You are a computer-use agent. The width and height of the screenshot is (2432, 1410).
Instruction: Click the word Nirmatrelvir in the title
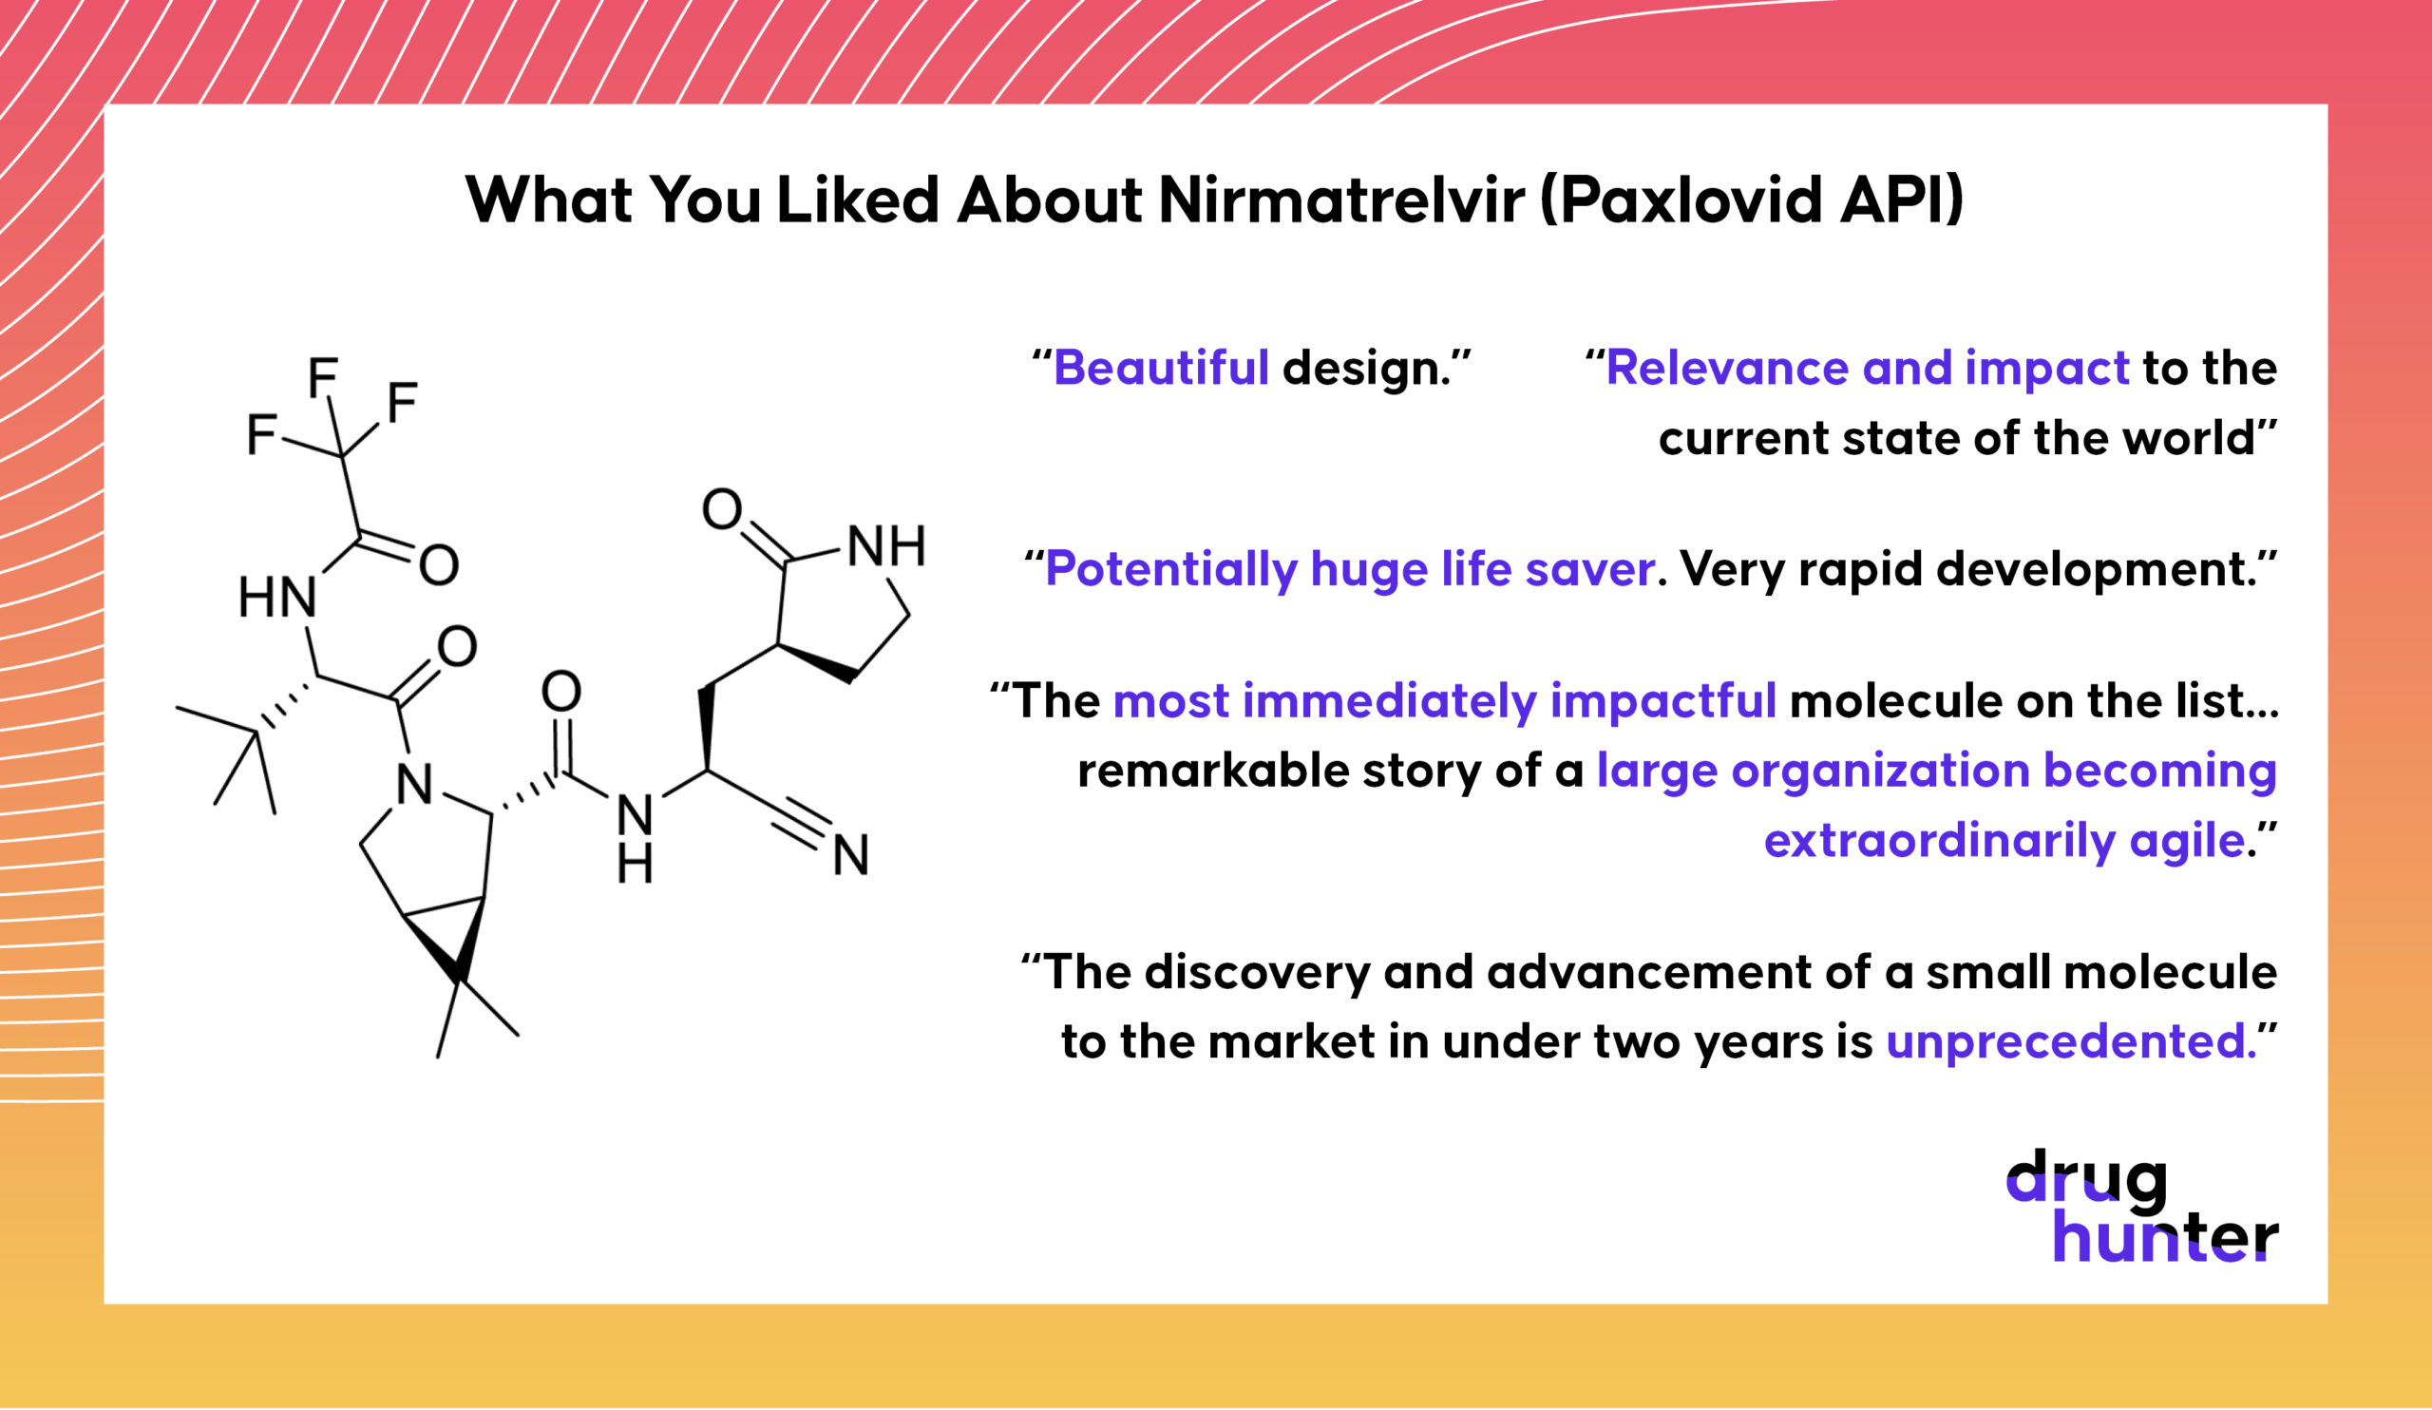(x=1341, y=200)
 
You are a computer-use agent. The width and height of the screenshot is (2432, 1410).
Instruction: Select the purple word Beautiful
(x=1161, y=368)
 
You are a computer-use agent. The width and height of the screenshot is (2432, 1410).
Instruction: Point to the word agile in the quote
(x=2196, y=842)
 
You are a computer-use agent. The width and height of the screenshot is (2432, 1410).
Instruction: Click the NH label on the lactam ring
(x=887, y=547)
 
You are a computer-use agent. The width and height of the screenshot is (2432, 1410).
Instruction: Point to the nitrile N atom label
(x=851, y=855)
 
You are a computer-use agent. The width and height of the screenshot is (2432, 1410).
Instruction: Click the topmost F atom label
(x=323, y=377)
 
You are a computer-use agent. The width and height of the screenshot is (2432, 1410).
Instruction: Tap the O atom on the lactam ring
(x=722, y=509)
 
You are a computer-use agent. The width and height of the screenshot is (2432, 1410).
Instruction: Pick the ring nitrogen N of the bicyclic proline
(x=415, y=786)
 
